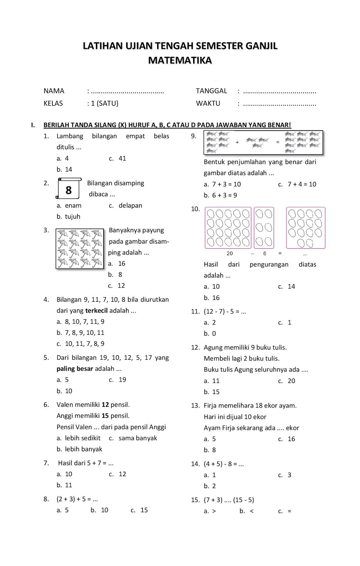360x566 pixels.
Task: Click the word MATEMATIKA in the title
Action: (x=180, y=60)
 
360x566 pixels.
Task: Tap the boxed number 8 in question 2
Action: (x=69, y=190)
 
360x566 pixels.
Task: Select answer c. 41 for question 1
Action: (x=118, y=158)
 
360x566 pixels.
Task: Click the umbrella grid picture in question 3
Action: (x=80, y=248)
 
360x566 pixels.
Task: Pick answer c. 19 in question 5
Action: (x=118, y=380)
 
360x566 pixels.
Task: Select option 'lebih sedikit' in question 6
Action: (x=79, y=438)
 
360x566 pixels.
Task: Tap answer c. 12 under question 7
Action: (x=118, y=474)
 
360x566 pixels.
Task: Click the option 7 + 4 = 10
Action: (x=297, y=184)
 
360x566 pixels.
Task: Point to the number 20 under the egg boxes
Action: (x=230, y=253)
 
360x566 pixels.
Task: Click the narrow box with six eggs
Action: (x=264, y=227)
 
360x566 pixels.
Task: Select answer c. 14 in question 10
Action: (x=287, y=287)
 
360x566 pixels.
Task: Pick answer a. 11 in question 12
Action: (x=212, y=381)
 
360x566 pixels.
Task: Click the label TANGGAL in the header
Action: (x=211, y=91)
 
